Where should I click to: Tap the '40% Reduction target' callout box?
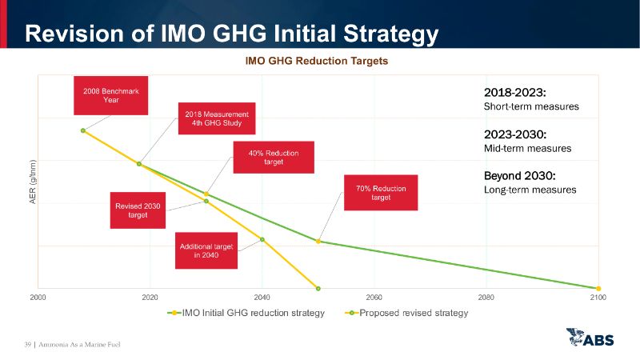pos(273,157)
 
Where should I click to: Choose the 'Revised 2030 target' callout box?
pos(138,210)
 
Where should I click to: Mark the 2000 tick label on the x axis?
pos(38,298)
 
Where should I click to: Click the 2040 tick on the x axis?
pos(262,298)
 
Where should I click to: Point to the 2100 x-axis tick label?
pos(598,298)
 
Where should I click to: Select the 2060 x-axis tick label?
pos(374,298)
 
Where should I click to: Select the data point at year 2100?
pos(598,288)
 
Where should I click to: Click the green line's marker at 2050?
pos(318,242)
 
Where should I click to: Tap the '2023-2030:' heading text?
pos(514,134)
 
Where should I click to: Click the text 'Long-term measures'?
pos(530,190)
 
